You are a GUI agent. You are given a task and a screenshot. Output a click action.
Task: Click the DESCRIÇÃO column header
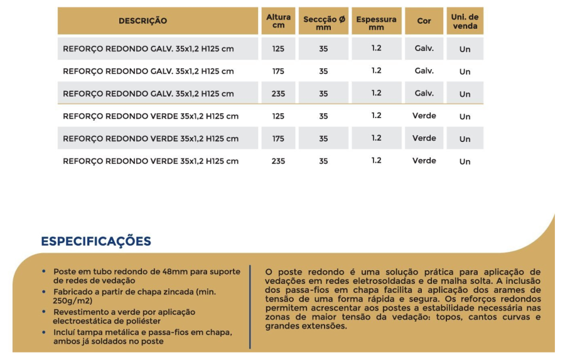tap(143, 21)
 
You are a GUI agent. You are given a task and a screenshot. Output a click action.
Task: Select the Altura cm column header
tap(278, 21)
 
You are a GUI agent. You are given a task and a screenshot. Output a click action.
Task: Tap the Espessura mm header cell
tap(376, 23)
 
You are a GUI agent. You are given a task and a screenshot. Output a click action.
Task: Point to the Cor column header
tap(424, 21)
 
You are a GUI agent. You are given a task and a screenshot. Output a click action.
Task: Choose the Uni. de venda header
tap(465, 21)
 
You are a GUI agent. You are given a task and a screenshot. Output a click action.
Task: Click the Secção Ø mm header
tap(323, 23)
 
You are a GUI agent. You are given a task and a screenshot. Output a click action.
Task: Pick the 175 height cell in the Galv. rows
tap(278, 71)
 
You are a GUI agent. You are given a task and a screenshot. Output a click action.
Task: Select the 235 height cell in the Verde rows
tap(278, 161)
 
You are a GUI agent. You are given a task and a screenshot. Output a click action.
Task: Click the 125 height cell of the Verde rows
tap(278, 116)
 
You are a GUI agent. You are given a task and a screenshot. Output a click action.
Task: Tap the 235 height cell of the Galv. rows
tap(278, 94)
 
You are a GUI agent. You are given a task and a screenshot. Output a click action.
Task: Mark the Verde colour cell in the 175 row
tap(424, 138)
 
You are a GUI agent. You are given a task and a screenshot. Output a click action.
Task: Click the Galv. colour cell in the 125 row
tap(424, 48)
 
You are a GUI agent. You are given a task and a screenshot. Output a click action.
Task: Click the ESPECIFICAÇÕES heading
tap(96, 242)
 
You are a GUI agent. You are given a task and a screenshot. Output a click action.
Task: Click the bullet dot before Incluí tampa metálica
tap(44, 331)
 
